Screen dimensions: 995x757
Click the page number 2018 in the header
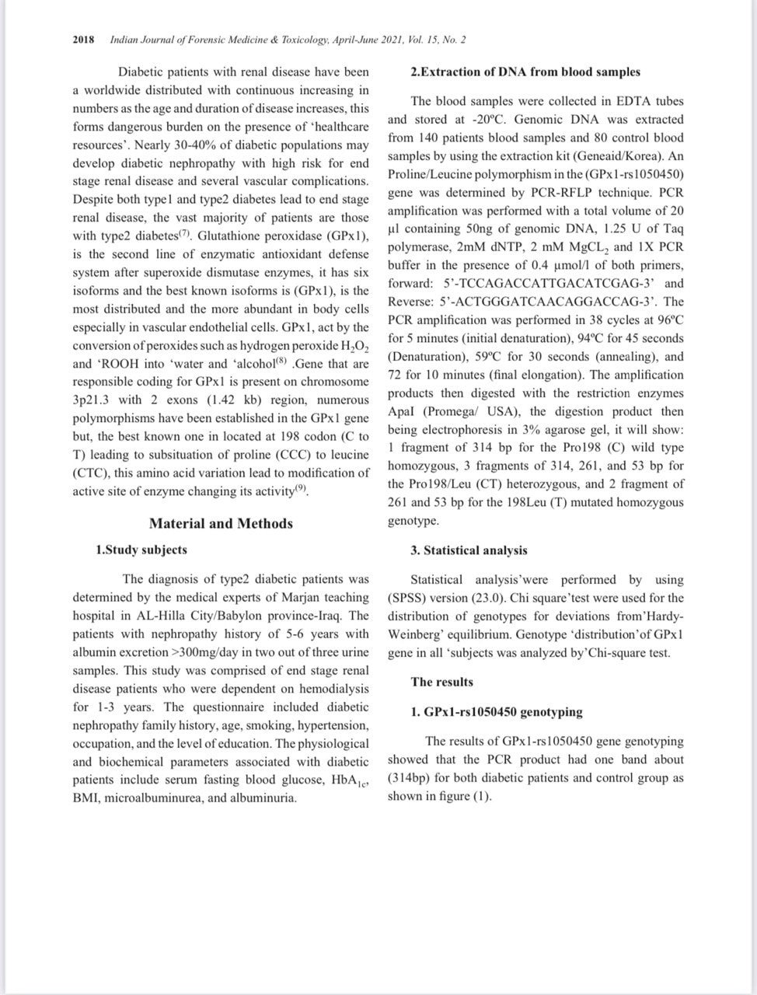click(83, 39)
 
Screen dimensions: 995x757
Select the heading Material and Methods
click(221, 523)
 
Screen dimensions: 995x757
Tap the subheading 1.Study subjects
click(141, 550)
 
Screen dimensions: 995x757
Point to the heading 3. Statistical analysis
click(469, 550)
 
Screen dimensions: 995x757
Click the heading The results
click(441, 682)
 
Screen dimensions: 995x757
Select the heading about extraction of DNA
click(525, 72)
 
